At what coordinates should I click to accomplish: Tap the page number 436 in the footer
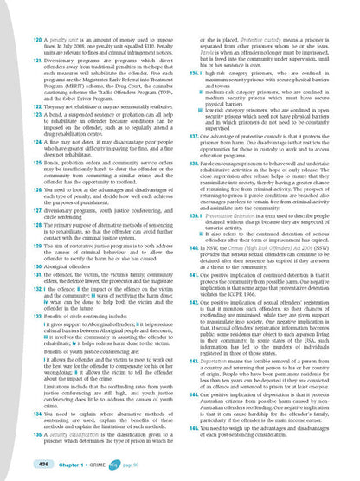pos(35,465)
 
